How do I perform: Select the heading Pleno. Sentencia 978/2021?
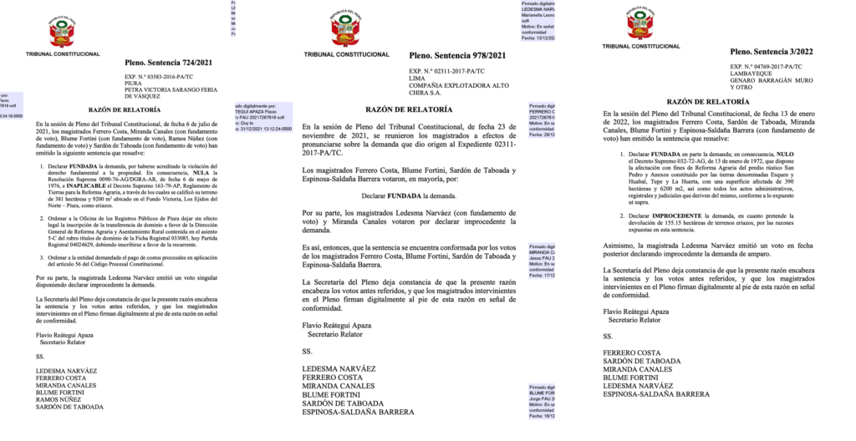[x=457, y=56]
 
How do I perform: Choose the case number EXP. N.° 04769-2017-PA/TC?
[x=770, y=66]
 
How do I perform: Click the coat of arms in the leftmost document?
[x=63, y=32]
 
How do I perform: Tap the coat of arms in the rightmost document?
[x=640, y=23]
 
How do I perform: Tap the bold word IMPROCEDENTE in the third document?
[x=659, y=215]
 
